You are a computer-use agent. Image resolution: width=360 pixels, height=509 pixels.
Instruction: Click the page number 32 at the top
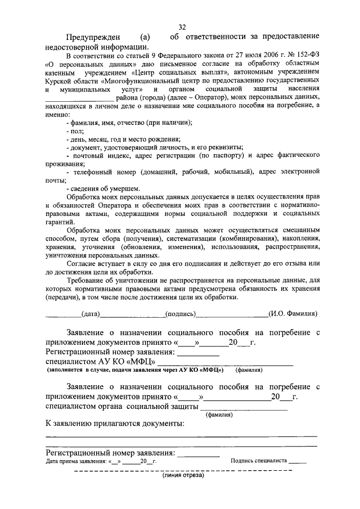coord(182,27)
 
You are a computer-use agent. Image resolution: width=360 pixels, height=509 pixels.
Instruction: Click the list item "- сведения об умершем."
coord(103,188)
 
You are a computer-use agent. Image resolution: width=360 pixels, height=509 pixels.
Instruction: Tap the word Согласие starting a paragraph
coord(84,264)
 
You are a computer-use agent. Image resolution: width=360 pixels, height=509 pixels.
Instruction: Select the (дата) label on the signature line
coord(91,314)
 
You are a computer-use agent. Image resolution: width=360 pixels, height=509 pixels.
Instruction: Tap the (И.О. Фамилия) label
coord(293,314)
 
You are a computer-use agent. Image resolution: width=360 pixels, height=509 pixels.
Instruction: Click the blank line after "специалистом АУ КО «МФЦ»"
coord(225,363)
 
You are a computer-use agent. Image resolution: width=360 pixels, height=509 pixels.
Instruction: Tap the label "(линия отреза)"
coord(183,476)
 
